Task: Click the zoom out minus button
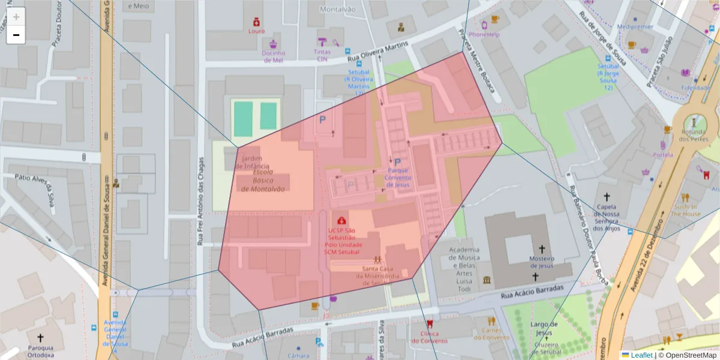click(x=16, y=35)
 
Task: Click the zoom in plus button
click(x=16, y=17)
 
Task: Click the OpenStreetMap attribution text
click(x=690, y=355)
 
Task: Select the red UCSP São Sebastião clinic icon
click(x=341, y=221)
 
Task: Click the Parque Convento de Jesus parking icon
click(x=397, y=162)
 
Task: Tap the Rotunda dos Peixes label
click(x=694, y=135)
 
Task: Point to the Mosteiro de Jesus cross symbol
click(x=542, y=248)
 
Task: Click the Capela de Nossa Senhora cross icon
click(x=606, y=197)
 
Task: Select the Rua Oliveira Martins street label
click(x=378, y=52)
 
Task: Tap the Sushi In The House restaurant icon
click(x=685, y=197)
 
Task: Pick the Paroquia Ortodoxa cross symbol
click(x=41, y=338)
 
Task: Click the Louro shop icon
click(x=256, y=22)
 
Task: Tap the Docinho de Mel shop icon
click(x=274, y=44)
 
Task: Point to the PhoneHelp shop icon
click(x=484, y=25)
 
